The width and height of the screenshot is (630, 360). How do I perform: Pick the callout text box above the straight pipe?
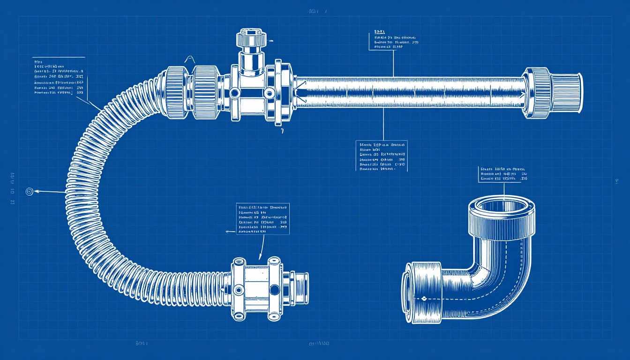394,40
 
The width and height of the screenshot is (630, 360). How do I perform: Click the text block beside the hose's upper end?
59,77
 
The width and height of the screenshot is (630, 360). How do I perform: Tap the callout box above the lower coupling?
262,219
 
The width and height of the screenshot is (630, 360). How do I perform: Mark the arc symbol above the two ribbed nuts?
190,60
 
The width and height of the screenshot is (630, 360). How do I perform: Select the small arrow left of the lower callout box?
229,232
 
